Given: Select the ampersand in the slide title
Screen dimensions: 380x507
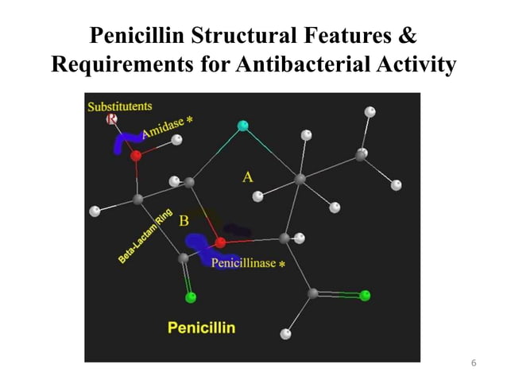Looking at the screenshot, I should coord(408,37).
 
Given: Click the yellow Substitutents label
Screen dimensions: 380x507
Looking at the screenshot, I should coord(120,106).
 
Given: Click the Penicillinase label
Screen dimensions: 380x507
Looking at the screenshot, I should coord(244,264).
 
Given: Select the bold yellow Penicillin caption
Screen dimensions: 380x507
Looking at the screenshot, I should coord(201,327).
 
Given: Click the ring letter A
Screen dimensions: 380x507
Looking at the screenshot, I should coord(248,177).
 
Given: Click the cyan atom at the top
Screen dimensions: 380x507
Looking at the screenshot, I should coord(243,125).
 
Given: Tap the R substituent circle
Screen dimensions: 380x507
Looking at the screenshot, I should coord(112,119).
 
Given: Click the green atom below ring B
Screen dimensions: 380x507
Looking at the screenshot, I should coord(190,298).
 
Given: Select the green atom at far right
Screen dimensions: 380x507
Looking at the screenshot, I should coord(365,296).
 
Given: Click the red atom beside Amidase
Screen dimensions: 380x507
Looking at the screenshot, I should coord(136,156).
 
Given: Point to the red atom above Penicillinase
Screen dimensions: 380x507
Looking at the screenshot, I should coord(221,242).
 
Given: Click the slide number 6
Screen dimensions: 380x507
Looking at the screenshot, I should coord(474,363).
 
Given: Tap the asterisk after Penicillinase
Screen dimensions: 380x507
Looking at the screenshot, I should coord(282,265).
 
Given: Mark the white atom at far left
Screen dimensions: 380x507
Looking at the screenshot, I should coord(95,211).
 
